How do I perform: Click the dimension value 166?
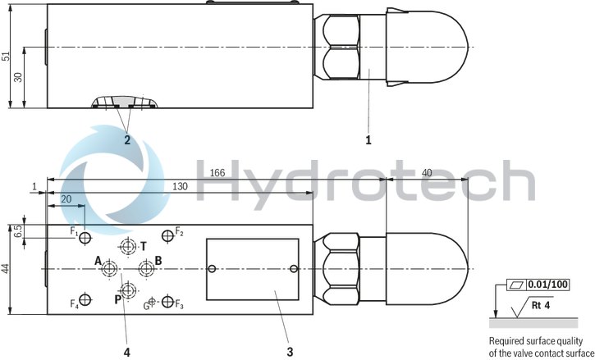(x=217, y=172)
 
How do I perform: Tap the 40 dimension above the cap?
(x=426, y=172)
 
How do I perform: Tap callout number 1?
(x=368, y=140)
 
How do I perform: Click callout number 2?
(x=127, y=140)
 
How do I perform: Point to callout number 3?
(x=290, y=352)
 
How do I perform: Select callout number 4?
(x=126, y=352)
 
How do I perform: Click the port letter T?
(x=144, y=245)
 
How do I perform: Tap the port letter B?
(x=158, y=262)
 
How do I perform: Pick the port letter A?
(x=98, y=262)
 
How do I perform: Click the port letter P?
(x=117, y=298)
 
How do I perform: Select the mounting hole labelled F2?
(x=168, y=235)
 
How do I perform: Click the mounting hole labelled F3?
(x=168, y=303)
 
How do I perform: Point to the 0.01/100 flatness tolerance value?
(x=547, y=285)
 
